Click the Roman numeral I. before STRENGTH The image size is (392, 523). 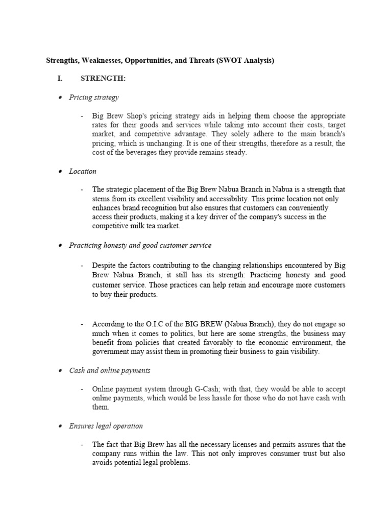(x=61, y=79)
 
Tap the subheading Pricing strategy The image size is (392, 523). (x=94, y=97)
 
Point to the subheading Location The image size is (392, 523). (x=83, y=171)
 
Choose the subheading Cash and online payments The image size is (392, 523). (x=110, y=370)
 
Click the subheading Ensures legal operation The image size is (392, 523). (x=106, y=425)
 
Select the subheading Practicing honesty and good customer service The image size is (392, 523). (x=140, y=245)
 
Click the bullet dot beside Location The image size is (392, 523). (x=60, y=172)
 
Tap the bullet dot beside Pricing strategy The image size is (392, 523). (x=60, y=98)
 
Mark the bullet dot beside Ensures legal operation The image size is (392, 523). (x=60, y=426)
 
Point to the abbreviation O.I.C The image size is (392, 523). (x=158, y=324)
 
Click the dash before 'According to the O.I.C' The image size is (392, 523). (x=82, y=324)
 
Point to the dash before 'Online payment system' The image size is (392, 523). (x=82, y=389)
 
